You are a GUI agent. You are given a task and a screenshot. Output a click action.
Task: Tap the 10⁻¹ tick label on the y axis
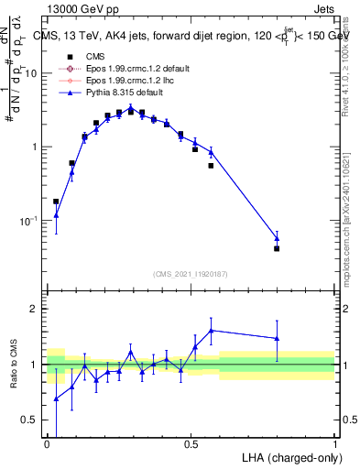coord(29,221)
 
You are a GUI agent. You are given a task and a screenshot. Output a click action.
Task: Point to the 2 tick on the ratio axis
coord(35,309)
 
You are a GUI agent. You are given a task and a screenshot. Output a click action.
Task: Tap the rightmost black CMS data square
coord(277,248)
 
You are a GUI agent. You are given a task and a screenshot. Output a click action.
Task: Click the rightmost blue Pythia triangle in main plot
coord(277,238)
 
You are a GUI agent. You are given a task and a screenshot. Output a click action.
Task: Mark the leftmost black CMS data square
coord(56,202)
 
